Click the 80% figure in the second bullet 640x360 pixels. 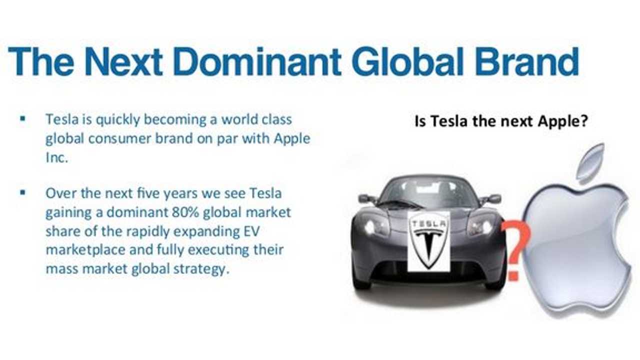tap(185, 212)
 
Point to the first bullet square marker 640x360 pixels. tap(23, 118)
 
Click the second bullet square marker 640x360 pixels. tap(23, 192)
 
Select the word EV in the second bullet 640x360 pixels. tap(251, 231)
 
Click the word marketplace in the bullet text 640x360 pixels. tap(85, 250)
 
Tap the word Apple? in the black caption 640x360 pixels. tap(562, 121)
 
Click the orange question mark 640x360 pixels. tap(516, 248)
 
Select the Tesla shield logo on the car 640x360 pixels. tap(428, 241)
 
